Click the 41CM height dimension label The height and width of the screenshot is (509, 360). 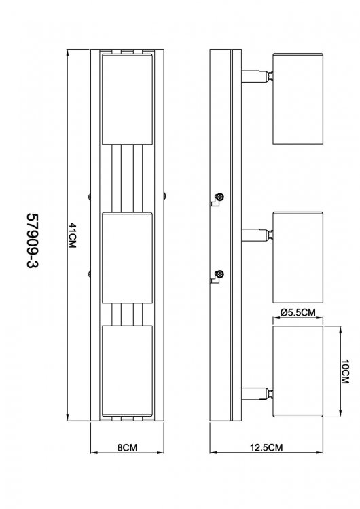click(x=72, y=235)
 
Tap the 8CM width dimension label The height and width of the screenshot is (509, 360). click(x=127, y=447)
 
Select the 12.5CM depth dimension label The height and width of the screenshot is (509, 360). click(x=266, y=447)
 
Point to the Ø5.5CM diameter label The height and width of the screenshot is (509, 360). click(x=298, y=312)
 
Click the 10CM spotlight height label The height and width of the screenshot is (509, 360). click(x=345, y=372)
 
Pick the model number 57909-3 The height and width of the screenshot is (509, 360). click(x=32, y=241)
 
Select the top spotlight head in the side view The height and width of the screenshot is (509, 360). click(x=298, y=98)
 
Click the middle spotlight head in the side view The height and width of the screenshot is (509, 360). click(x=298, y=257)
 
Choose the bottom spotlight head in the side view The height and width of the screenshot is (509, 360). click(x=298, y=371)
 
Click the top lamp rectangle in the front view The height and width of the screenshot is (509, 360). click(x=128, y=99)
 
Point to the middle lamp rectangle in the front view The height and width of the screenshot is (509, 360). click(x=128, y=258)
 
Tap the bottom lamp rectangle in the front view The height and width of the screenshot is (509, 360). click(x=128, y=371)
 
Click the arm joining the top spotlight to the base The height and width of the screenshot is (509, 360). click(x=257, y=76)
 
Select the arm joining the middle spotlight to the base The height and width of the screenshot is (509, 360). click(x=257, y=235)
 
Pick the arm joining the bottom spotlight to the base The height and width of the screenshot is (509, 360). click(x=257, y=394)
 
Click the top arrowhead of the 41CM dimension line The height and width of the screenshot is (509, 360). click(x=67, y=52)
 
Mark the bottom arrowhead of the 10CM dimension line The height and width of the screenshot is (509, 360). click(x=340, y=413)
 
